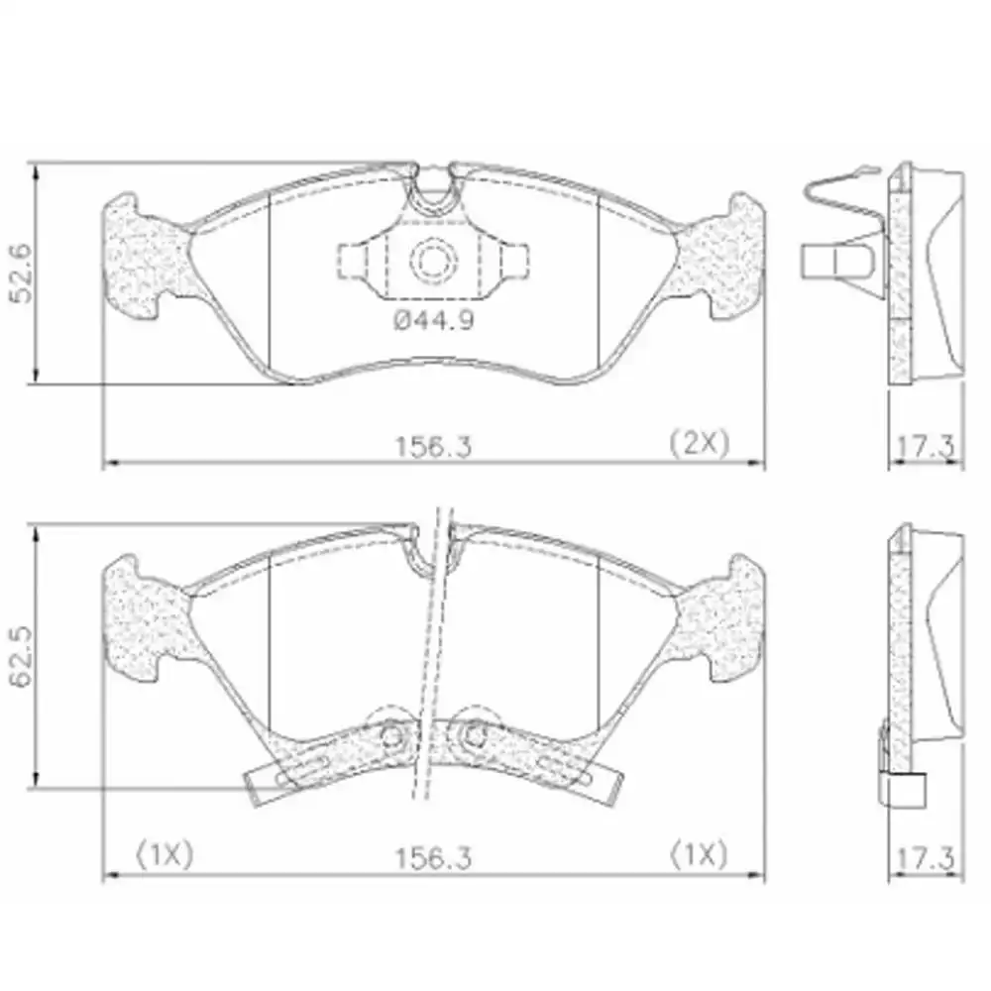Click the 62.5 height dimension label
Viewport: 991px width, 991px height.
tap(22, 658)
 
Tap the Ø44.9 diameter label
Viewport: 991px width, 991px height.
tap(434, 320)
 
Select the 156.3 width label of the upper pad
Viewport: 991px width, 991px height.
tap(434, 447)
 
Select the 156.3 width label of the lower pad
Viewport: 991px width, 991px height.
tap(434, 858)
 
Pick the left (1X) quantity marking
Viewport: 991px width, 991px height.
tap(165, 855)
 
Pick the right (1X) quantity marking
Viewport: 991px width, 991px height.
tap(699, 855)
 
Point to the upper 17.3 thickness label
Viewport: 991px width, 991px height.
tap(926, 447)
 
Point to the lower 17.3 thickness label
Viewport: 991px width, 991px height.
tap(926, 858)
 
